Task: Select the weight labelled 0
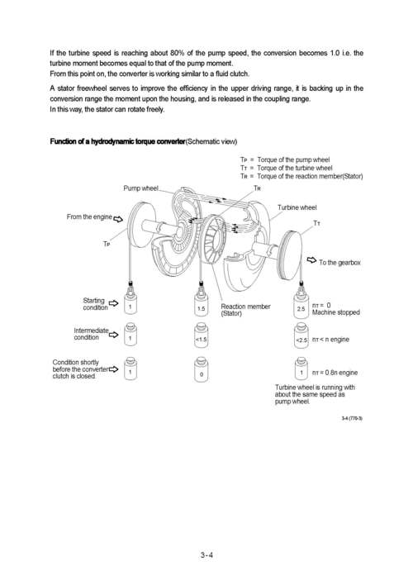(202, 369)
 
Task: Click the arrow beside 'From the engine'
(118, 219)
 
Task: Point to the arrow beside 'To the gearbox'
(311, 260)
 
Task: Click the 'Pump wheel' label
(140, 188)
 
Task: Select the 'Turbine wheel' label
(297, 207)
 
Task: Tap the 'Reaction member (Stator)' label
(245, 310)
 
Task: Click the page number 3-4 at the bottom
(206, 554)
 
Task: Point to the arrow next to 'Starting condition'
(113, 303)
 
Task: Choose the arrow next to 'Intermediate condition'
(113, 335)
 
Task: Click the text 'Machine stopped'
(336, 312)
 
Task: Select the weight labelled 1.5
(202, 306)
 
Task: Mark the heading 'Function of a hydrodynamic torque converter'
(117, 141)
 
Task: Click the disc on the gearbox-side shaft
(290, 255)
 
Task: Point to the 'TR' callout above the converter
(257, 188)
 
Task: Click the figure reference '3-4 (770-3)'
(352, 418)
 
